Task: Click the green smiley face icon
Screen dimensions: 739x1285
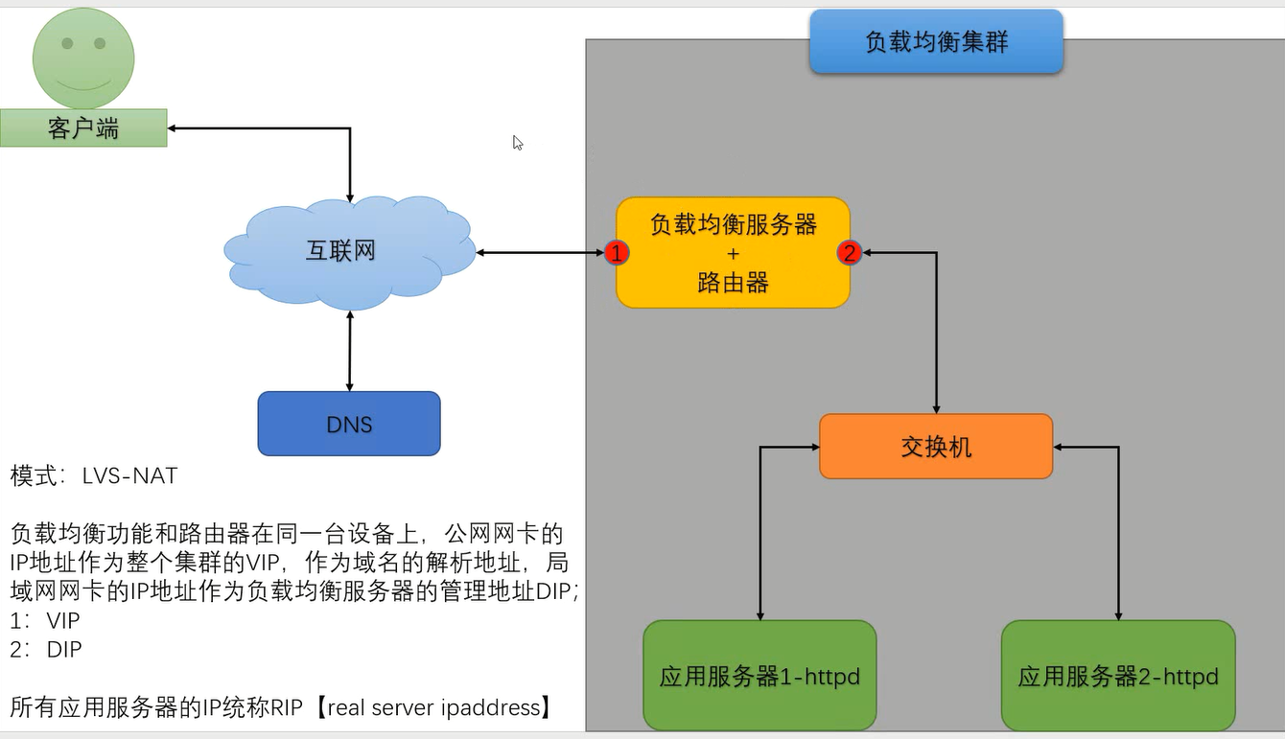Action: (x=83, y=58)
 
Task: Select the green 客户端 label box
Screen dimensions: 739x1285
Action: (x=83, y=128)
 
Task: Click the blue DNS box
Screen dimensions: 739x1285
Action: (x=349, y=424)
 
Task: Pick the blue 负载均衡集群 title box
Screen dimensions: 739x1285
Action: (x=936, y=42)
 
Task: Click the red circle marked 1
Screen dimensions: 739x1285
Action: (x=618, y=253)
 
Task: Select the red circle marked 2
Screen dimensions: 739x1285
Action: (x=849, y=253)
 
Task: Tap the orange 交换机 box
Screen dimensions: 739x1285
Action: (x=936, y=447)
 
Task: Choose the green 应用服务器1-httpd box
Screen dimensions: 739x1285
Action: (x=759, y=676)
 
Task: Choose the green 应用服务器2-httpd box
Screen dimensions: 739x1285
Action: (x=1118, y=676)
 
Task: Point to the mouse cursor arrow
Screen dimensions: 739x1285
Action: (x=517, y=142)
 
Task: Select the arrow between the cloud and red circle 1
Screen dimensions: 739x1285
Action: (x=542, y=253)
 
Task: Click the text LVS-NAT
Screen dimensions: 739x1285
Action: (x=129, y=475)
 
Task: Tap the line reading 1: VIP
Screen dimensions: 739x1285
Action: (x=45, y=620)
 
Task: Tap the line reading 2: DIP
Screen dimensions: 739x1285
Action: (x=46, y=649)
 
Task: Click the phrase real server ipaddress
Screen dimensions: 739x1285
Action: (x=438, y=708)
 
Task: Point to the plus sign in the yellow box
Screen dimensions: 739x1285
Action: (x=733, y=254)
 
